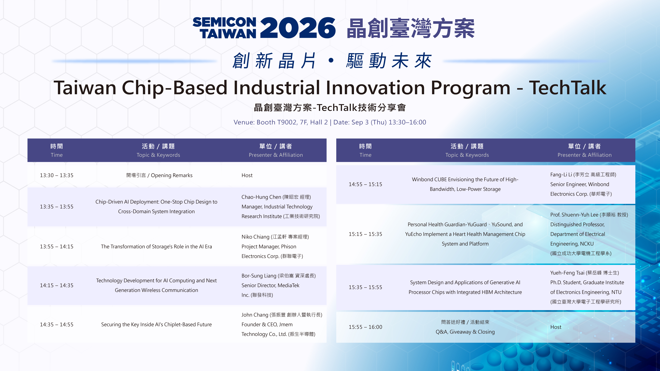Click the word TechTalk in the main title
(x=568, y=88)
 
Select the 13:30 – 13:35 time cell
(x=57, y=175)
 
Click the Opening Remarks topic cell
(x=159, y=175)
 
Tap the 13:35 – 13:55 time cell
(x=57, y=207)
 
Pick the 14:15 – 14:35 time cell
(x=57, y=286)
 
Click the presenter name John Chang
(x=254, y=315)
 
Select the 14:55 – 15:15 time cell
(x=365, y=184)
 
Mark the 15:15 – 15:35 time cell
(x=365, y=234)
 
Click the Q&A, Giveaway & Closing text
(x=465, y=332)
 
